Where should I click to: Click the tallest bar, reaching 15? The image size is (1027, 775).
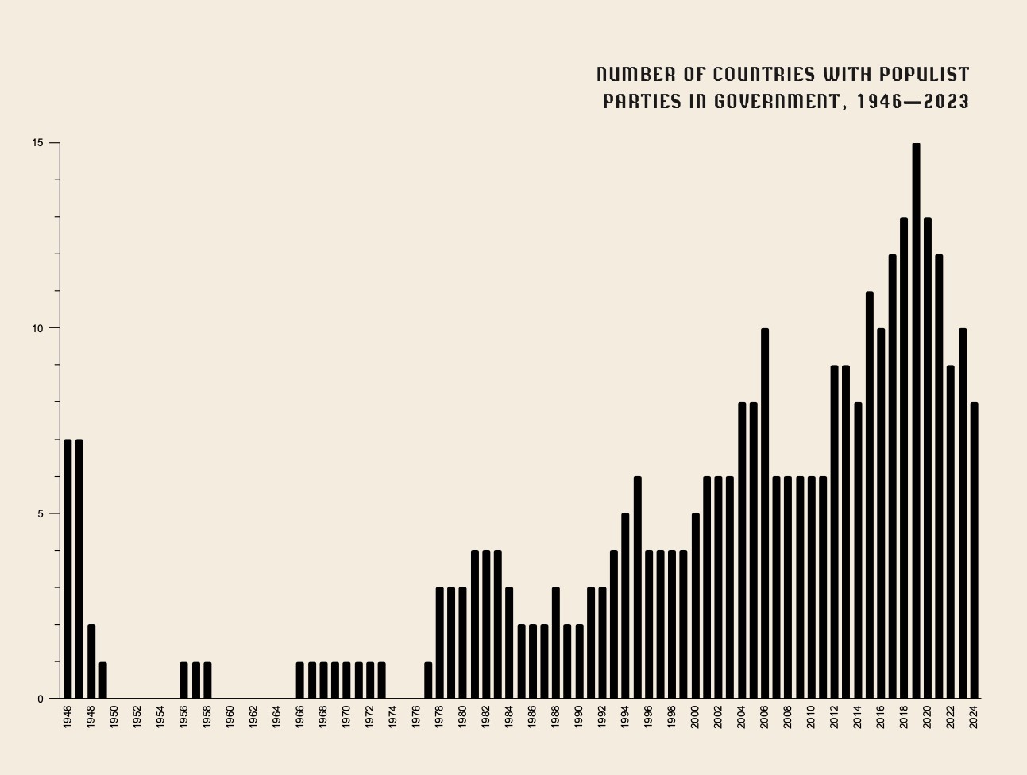916,421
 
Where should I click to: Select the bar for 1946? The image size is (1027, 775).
68,569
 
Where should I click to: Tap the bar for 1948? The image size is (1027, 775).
91,661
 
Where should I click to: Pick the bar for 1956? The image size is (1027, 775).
183,680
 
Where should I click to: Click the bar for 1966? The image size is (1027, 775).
300,680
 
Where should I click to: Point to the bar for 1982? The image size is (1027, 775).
486,625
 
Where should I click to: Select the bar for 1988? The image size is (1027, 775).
556,643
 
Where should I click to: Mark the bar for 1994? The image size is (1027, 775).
625,606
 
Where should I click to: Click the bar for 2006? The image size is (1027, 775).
765,513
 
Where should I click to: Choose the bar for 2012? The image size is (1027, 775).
835,532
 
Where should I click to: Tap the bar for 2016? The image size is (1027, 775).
881,513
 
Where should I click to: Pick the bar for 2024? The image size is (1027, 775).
974,551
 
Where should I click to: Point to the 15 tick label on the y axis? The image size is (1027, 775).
37,143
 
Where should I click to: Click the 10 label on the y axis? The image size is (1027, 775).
37,328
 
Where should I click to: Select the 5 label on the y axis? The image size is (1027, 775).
39,513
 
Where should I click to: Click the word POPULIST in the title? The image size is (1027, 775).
924,75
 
